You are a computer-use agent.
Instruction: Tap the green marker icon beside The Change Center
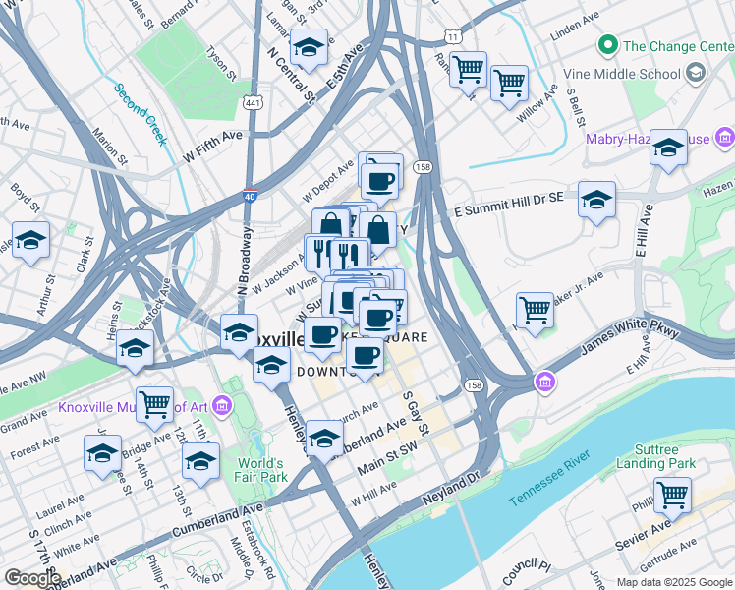[x=608, y=45]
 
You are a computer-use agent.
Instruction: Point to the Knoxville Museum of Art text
[x=133, y=405]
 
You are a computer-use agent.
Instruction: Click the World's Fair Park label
[x=261, y=469]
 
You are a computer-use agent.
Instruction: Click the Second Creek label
[x=141, y=114]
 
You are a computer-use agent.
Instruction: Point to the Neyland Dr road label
[x=450, y=487]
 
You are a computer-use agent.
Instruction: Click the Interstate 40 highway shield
[x=251, y=196]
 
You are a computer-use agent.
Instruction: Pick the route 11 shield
[x=451, y=36]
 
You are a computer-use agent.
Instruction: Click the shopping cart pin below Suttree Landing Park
[x=673, y=495]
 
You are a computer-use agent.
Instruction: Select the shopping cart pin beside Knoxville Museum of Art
[x=155, y=402]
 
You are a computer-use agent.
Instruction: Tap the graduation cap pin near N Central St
[x=310, y=47]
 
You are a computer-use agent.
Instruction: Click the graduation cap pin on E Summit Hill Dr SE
[x=596, y=200]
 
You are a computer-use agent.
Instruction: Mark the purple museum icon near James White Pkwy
[x=543, y=381]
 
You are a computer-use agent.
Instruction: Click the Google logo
[x=31, y=578]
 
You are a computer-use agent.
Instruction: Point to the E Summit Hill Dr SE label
[x=507, y=205]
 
